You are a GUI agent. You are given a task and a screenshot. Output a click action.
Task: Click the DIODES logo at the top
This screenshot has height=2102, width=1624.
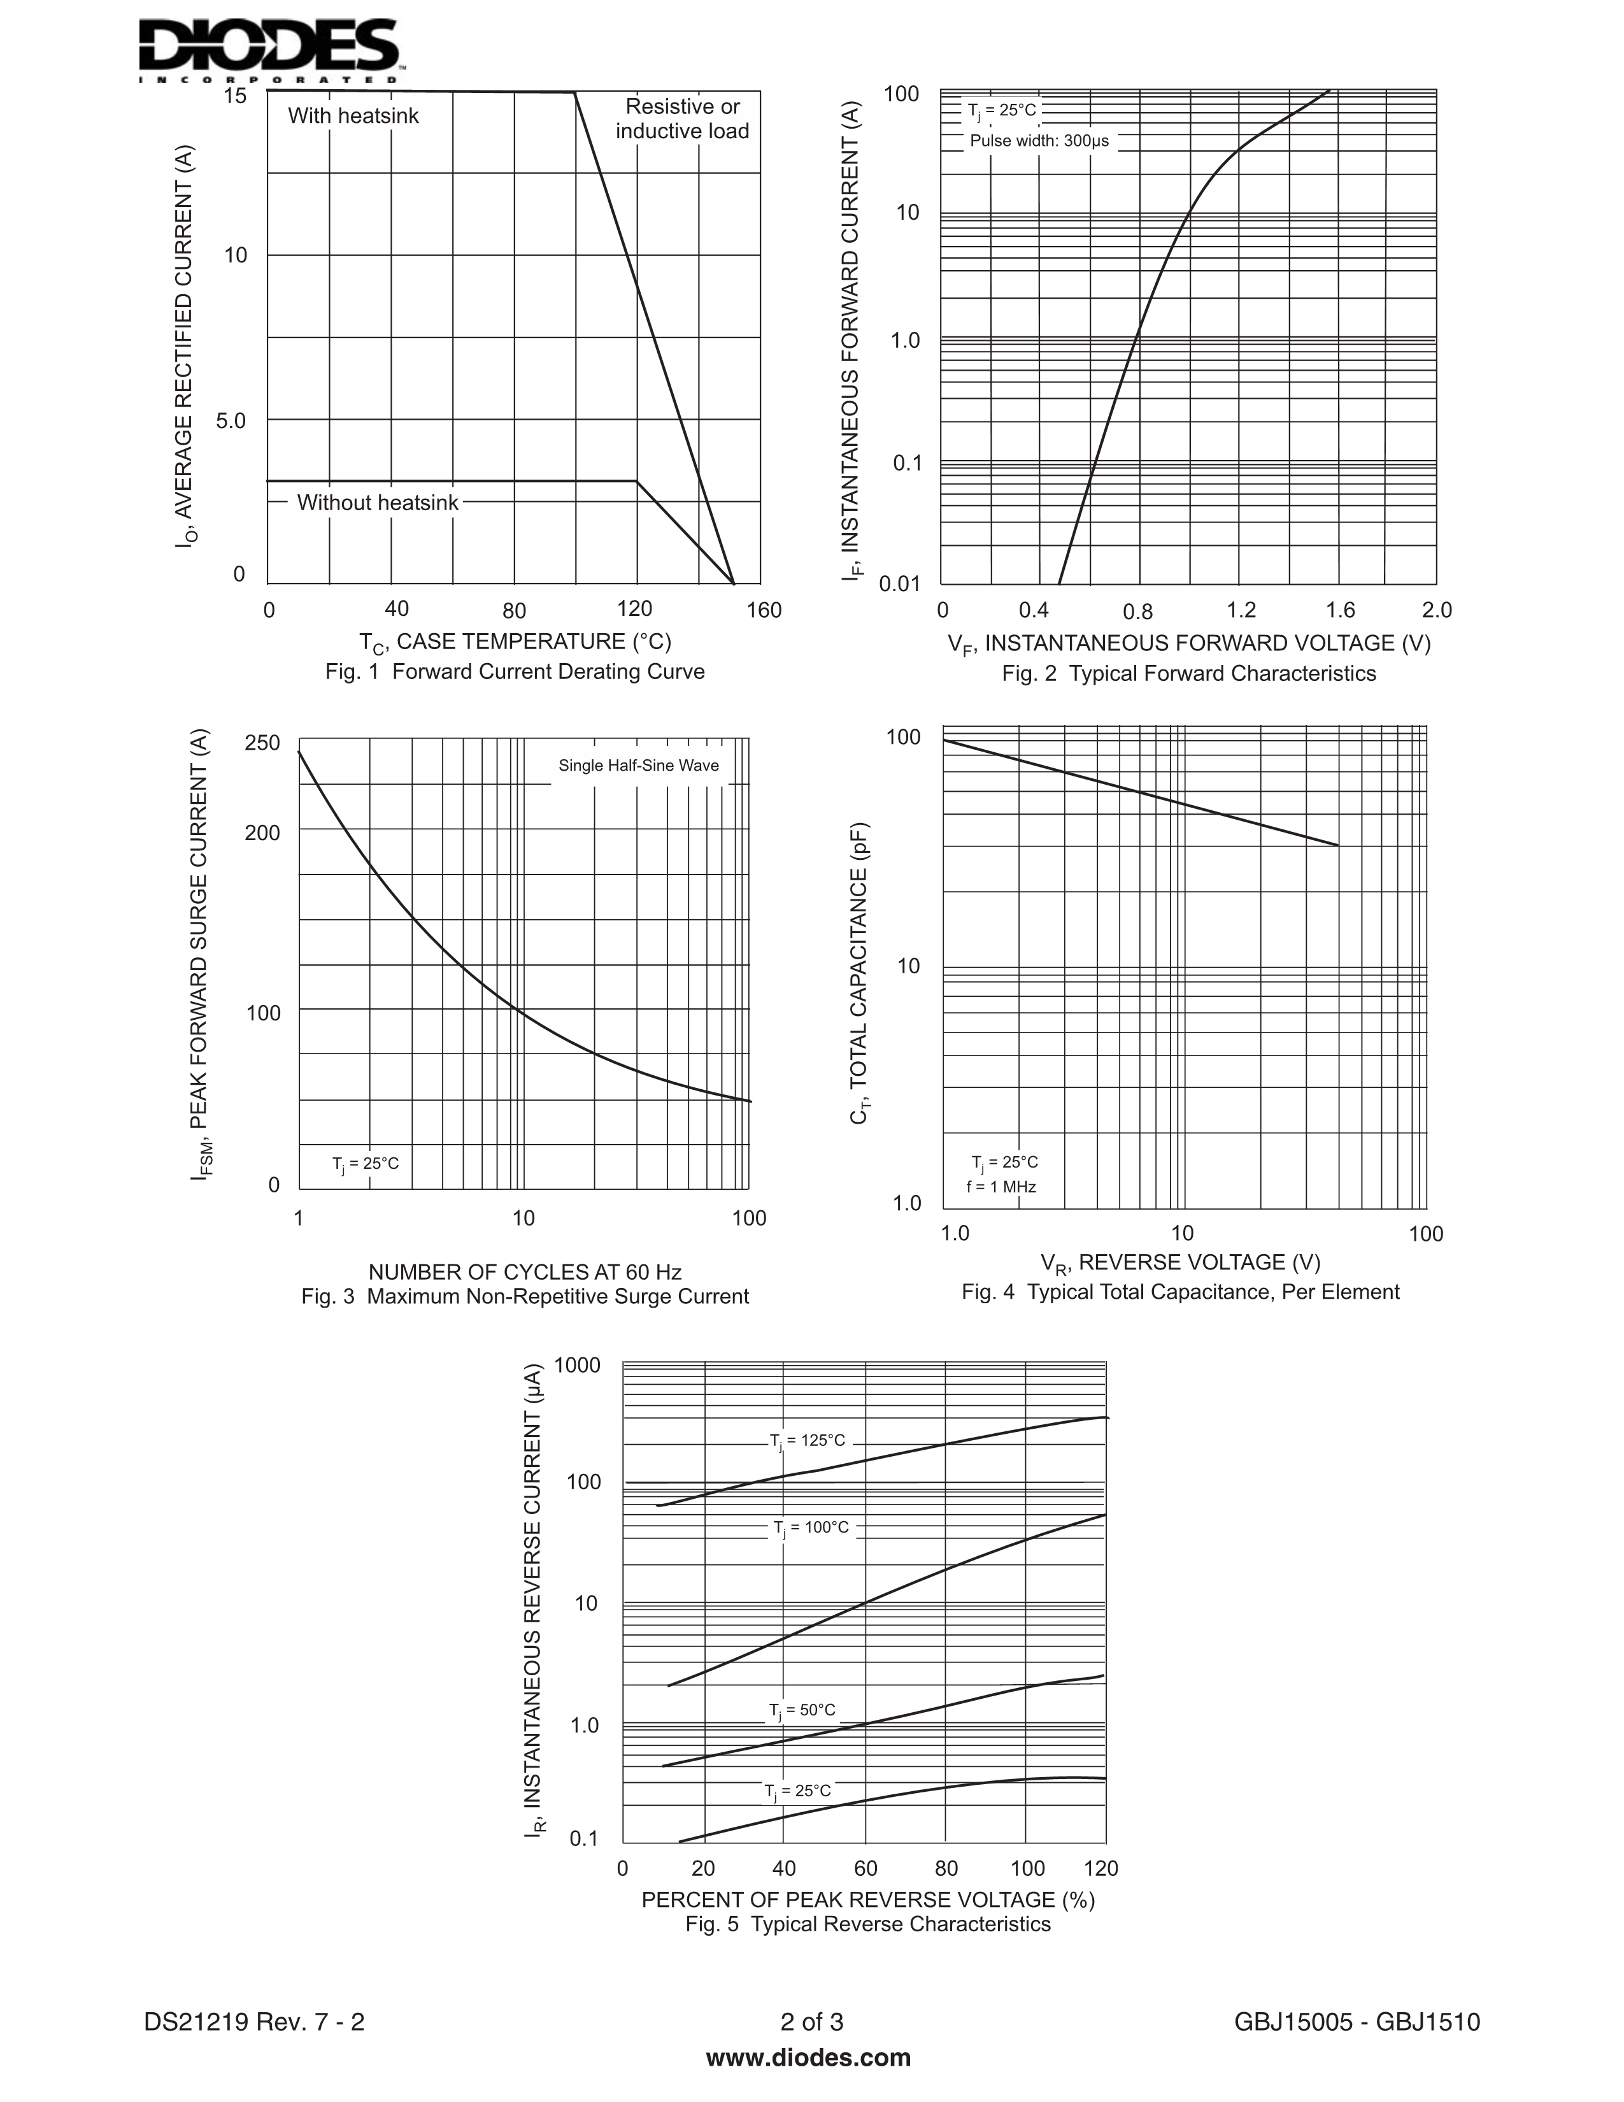tap(270, 48)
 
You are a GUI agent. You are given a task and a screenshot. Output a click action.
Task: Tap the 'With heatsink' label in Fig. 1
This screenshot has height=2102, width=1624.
tap(353, 117)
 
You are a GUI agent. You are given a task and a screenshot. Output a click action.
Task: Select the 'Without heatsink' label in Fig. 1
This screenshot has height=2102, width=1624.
tap(377, 503)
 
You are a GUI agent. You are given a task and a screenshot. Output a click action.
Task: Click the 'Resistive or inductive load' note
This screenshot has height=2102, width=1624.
tap(682, 119)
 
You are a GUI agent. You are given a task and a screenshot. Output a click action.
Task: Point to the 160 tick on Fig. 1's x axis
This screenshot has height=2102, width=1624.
tap(764, 610)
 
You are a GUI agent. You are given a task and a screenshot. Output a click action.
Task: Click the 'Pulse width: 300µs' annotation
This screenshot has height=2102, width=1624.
tap(1039, 141)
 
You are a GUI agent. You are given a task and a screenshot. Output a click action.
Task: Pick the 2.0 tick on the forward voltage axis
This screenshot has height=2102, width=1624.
tap(1436, 610)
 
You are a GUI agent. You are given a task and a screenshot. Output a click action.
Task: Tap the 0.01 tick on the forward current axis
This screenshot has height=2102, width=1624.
tap(899, 584)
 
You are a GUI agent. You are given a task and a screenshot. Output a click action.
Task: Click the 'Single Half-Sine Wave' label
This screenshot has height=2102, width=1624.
tap(639, 766)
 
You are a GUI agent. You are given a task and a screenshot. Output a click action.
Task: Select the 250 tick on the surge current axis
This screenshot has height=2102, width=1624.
tap(262, 743)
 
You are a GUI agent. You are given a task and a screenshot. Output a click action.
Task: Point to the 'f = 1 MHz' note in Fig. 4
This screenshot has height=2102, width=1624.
tap(1002, 1188)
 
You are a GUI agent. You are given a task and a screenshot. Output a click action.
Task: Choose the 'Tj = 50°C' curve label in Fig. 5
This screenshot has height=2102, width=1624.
tap(802, 1710)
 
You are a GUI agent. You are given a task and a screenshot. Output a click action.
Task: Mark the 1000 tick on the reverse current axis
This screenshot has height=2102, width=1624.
tap(577, 1365)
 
